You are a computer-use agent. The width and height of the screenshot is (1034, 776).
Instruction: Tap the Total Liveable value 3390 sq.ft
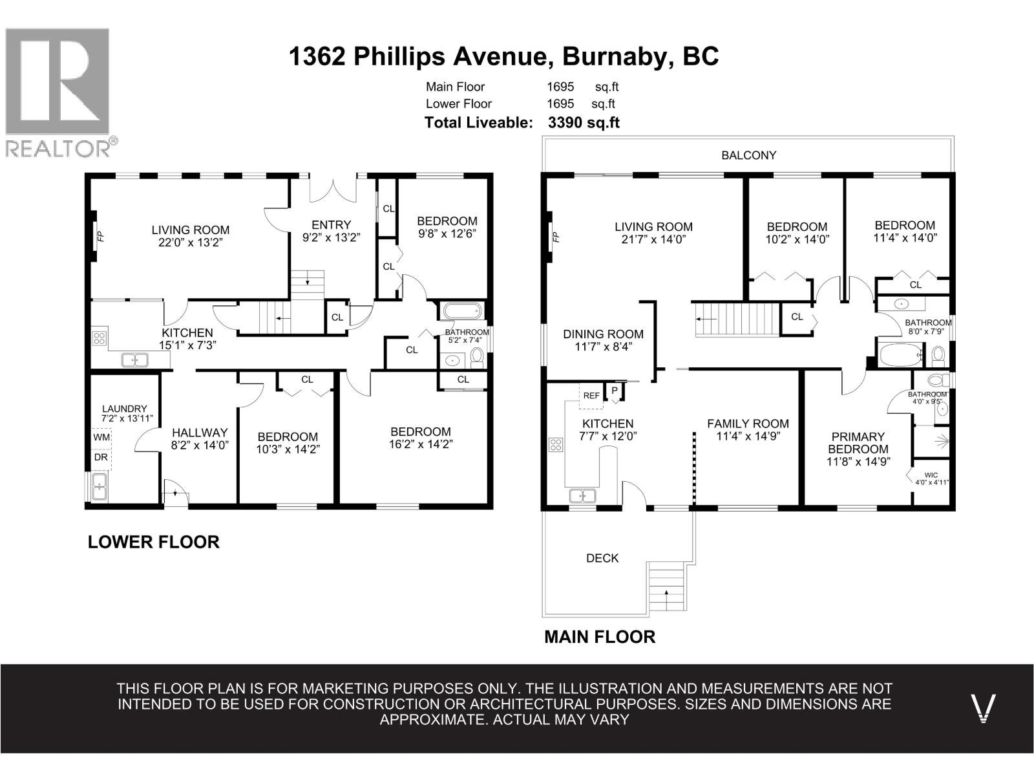point(584,122)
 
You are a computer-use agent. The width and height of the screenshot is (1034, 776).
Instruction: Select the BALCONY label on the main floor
point(748,155)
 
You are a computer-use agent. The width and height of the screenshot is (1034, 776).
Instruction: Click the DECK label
point(602,558)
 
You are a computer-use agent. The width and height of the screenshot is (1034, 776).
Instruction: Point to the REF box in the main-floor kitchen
point(591,396)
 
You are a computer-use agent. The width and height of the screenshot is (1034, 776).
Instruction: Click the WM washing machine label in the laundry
point(101,437)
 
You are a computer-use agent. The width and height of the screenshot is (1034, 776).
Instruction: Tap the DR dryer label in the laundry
point(101,457)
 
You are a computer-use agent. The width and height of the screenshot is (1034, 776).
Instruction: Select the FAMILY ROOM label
point(748,424)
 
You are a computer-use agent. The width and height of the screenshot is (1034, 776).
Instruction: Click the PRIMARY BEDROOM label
point(858,443)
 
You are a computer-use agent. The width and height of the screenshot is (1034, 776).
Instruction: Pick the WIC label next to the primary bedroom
point(931,475)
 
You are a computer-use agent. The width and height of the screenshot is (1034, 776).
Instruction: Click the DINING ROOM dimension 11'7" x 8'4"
point(603,347)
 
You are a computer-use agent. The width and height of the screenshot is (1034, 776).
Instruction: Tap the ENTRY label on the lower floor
point(331,225)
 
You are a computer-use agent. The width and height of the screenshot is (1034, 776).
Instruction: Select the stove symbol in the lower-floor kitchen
point(100,338)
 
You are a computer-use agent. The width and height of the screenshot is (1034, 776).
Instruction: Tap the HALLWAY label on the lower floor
point(200,433)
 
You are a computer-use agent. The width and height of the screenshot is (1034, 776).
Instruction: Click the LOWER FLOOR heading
point(154,542)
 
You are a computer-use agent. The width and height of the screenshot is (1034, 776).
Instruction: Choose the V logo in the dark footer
point(983,708)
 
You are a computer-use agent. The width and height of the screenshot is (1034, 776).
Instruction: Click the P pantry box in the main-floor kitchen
point(614,391)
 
